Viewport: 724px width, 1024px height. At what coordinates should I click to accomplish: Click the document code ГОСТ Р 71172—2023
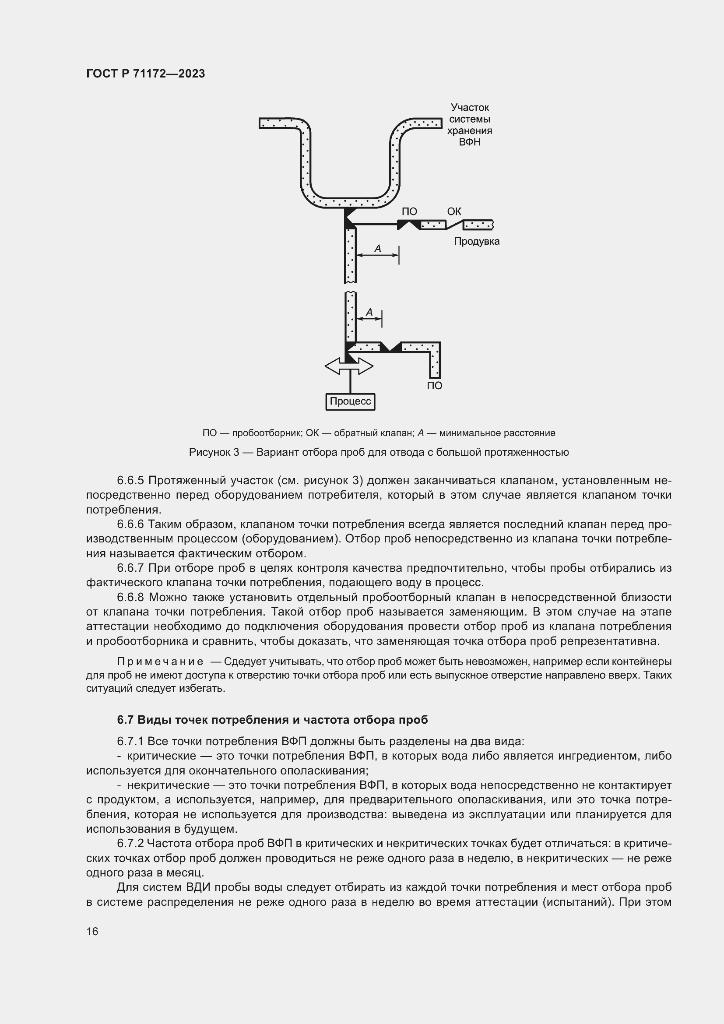coord(145,74)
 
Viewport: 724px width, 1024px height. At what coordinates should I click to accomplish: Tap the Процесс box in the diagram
coord(350,401)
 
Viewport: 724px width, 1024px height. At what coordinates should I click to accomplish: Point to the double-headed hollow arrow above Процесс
coord(349,366)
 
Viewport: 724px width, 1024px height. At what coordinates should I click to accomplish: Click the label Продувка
coord(477,242)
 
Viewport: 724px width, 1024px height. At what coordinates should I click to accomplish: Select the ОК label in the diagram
coord(454,211)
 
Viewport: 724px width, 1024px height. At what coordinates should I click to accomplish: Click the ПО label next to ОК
coord(409,212)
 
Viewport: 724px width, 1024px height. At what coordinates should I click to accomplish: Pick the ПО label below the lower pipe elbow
coord(435,386)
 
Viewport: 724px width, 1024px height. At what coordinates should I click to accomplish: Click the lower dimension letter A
coord(369,313)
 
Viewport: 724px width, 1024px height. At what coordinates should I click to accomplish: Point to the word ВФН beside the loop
coord(469,142)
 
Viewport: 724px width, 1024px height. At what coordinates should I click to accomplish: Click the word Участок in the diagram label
coord(470,108)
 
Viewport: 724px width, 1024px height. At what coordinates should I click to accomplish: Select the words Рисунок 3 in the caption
coord(214,453)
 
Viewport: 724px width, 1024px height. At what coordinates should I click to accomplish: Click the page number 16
coord(92,931)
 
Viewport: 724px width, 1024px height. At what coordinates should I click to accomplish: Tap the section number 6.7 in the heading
coord(126,720)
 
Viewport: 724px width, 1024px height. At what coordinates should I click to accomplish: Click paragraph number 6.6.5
coord(130,481)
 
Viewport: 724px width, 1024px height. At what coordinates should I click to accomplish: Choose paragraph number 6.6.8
coord(130,597)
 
